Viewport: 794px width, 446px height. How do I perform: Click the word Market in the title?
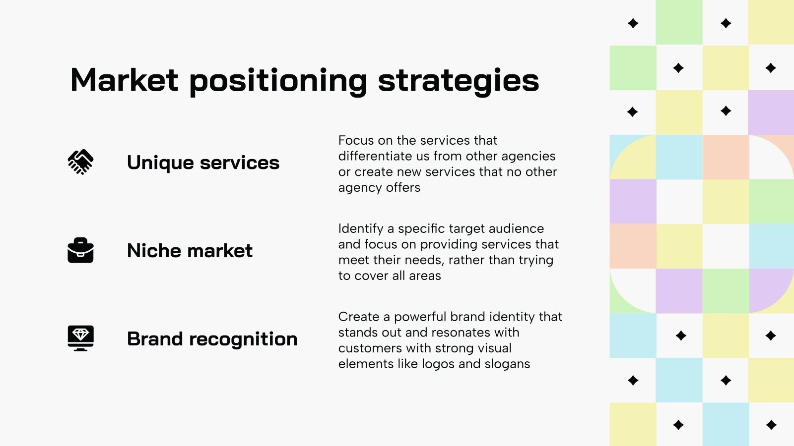tap(124, 80)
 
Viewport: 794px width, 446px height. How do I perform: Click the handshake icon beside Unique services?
tap(80, 162)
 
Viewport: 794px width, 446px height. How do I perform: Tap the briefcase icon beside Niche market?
tap(80, 250)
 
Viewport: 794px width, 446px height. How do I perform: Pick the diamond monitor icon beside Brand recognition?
tap(80, 338)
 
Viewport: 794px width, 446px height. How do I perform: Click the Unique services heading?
tap(203, 163)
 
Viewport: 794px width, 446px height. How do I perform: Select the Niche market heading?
tap(190, 251)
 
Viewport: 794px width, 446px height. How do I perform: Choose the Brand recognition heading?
tap(212, 339)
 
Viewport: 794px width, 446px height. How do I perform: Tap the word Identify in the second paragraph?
tap(361, 228)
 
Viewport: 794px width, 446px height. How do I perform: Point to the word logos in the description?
tap(438, 364)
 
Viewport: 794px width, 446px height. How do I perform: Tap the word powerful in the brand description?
tap(420, 317)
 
